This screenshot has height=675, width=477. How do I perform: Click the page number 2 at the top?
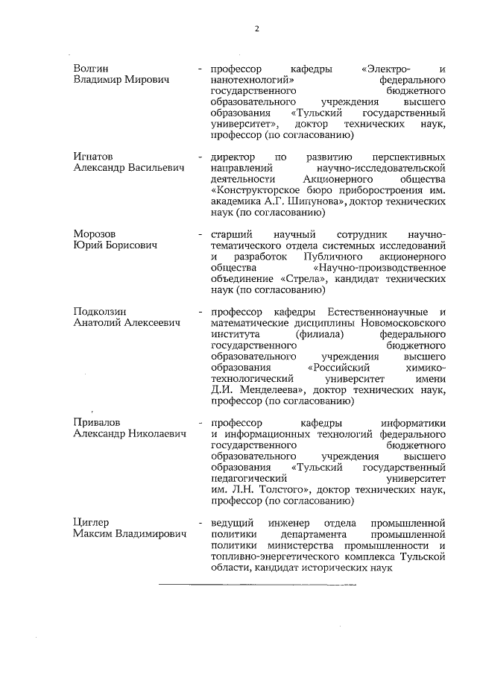(x=256, y=29)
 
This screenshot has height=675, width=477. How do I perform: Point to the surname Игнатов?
(x=93, y=157)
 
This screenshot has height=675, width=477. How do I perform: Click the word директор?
(x=234, y=157)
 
